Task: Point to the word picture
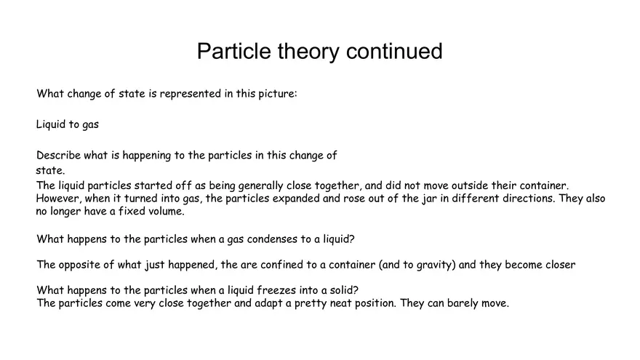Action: [275, 94]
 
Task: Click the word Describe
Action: [58, 155]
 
